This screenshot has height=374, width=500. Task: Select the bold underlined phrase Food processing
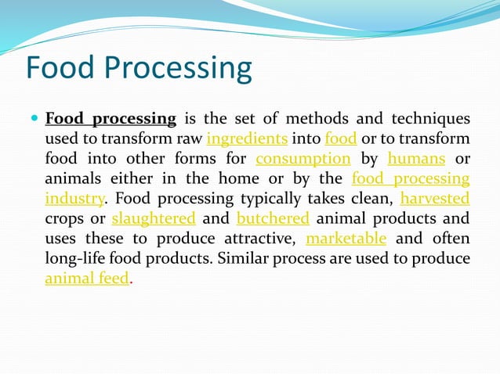tap(111, 119)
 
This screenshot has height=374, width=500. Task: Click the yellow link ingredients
tap(246, 139)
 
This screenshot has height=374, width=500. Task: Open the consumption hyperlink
tap(303, 159)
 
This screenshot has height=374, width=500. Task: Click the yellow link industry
tap(74, 199)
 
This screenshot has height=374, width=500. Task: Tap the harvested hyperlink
tap(435, 199)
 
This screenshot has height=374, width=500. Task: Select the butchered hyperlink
tap(273, 218)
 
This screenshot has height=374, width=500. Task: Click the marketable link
tap(346, 238)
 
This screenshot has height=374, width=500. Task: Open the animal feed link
tap(86, 278)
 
